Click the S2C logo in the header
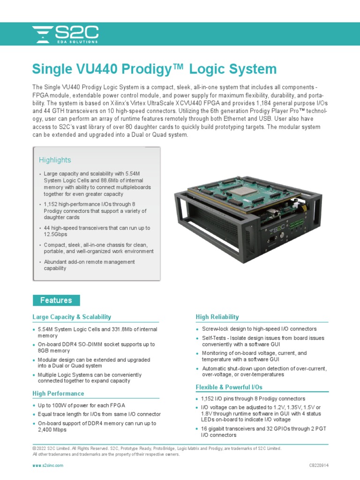tap(65, 34)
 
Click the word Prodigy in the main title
tap(145, 69)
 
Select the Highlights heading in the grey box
tap(55, 160)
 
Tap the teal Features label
tap(56, 300)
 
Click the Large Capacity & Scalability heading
tap(72, 317)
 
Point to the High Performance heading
tap(58, 393)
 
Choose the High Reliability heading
tap(217, 317)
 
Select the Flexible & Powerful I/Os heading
tap(229, 387)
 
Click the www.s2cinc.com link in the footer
tap(47, 465)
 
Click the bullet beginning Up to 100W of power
tap(81, 405)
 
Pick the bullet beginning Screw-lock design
tap(259, 329)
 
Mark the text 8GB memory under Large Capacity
tap(53, 351)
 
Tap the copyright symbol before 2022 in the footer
tap(34, 449)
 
